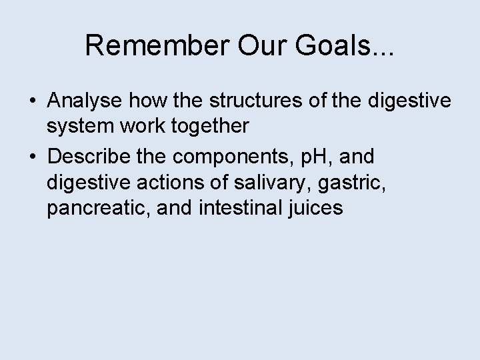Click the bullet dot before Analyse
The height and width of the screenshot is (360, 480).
33,103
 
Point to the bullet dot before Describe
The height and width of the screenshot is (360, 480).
33,157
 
